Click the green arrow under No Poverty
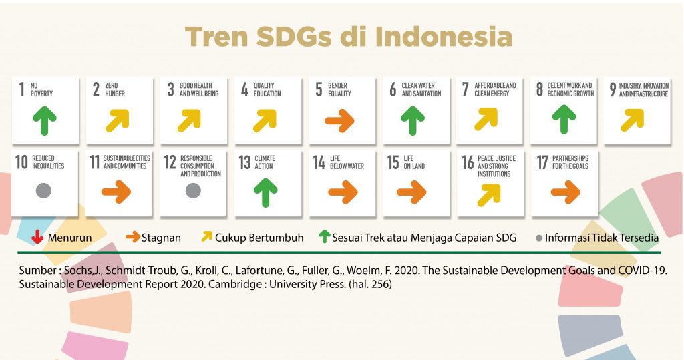[x=45, y=120]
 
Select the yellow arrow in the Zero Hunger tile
[x=118, y=120]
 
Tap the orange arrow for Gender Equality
[x=339, y=120]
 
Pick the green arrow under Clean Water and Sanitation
[x=413, y=120]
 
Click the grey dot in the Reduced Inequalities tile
[x=43, y=191]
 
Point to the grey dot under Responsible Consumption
[x=193, y=191]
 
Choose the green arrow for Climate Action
[x=266, y=192]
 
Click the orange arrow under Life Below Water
[x=343, y=192]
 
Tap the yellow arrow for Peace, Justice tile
[x=489, y=194]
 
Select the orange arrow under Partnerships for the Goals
[x=566, y=192]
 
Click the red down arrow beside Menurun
[x=37, y=237]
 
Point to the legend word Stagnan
[x=161, y=238]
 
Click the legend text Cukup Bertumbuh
[x=259, y=238]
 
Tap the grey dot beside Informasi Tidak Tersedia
[x=539, y=238]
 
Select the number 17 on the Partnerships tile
[x=542, y=162]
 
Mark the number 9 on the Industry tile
[x=613, y=89]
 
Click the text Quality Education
[x=267, y=89]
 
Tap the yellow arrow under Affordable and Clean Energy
[x=486, y=120]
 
